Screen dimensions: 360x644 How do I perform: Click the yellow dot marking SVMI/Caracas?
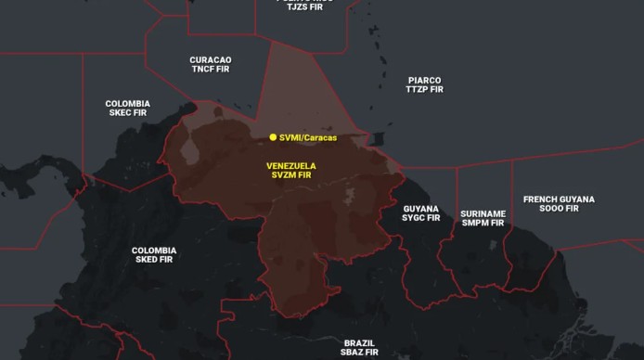pos(273,137)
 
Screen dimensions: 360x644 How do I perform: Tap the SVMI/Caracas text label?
pos(308,137)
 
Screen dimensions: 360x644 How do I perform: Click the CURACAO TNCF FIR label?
pos(211,64)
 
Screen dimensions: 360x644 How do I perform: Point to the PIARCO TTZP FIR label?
pos(424,84)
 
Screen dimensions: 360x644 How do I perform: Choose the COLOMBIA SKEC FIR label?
pos(127,108)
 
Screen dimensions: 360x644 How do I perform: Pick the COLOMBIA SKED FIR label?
pos(154,255)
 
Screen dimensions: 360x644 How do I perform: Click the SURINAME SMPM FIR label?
pos(483,218)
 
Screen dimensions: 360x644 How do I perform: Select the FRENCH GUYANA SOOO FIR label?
pos(559,203)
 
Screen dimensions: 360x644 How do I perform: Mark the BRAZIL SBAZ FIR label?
pos(359,347)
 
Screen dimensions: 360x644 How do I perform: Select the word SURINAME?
pos(483,213)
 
